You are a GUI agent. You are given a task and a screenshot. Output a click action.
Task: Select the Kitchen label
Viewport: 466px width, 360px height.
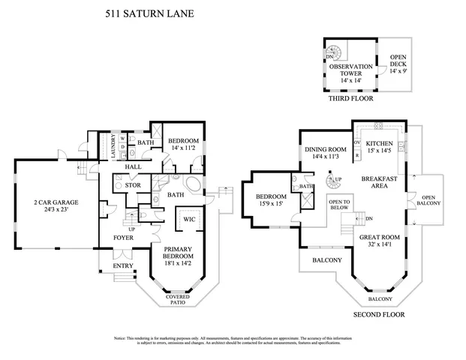click(x=381, y=143)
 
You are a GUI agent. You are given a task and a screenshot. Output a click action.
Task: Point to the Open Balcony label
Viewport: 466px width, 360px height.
click(x=428, y=199)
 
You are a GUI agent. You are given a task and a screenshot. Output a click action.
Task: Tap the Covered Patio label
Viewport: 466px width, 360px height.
click(x=178, y=301)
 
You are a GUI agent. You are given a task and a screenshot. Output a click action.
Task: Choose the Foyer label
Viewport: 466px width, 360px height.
click(x=124, y=238)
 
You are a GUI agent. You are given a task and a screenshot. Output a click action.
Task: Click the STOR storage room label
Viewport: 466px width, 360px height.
click(x=133, y=184)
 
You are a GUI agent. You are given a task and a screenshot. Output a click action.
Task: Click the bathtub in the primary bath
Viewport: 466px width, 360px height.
click(x=192, y=185)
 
